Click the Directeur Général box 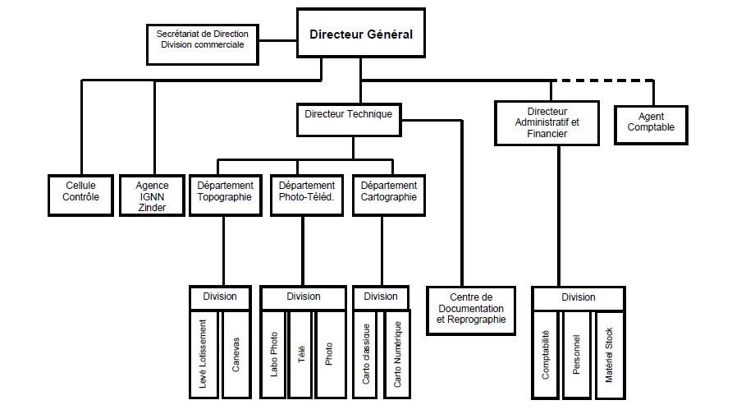tap(361, 33)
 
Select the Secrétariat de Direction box tap(203, 44)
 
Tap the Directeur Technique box tap(349, 120)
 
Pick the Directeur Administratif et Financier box tap(547, 123)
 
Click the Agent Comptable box tap(651, 125)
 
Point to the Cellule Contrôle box tap(80, 195)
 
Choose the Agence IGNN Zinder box tap(152, 195)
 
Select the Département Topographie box tap(225, 195)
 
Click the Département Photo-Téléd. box tap(307, 195)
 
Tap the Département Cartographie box tap(389, 195)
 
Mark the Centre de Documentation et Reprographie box tap(471, 310)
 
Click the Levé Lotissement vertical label tap(203, 354)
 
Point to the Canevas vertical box tap(236, 354)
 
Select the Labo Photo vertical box tap(273, 354)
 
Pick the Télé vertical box tap(301, 354)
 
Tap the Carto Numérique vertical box tap(397, 354)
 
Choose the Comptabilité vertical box tap(545, 355)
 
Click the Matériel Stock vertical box tap(610, 355)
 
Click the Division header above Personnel tap(579, 298)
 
